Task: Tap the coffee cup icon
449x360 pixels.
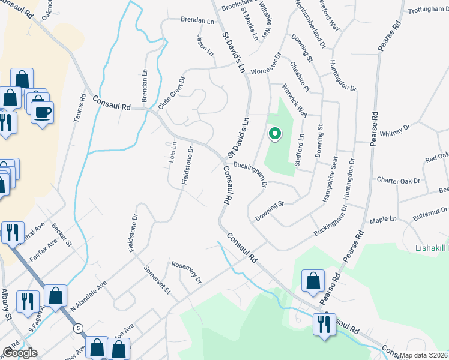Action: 42,112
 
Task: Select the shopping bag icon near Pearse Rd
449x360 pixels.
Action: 313,281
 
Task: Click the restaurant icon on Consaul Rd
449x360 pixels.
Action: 324,325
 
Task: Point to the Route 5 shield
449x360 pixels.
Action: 78,328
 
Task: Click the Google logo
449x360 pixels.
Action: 19,353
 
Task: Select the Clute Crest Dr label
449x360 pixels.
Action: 172,92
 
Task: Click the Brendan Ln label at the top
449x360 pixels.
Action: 197,20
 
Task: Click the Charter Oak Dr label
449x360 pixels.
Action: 400,180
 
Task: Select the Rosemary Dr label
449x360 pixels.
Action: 187,272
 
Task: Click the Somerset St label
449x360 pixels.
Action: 157,280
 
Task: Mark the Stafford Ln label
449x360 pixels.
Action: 301,145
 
